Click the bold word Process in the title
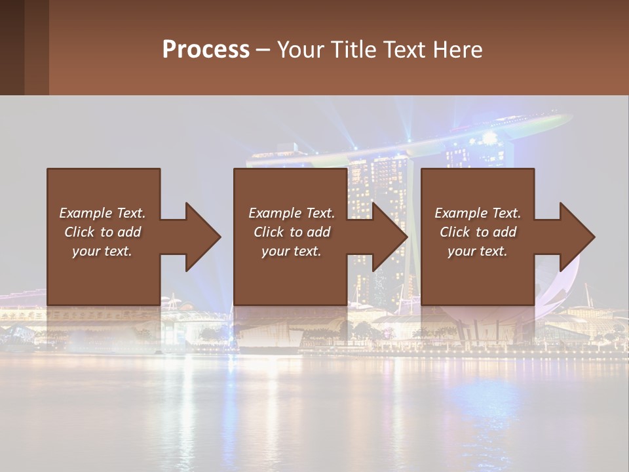point(206,50)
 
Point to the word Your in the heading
point(300,50)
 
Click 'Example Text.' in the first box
point(102,213)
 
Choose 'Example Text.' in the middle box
point(292,213)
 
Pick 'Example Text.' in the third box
point(478,213)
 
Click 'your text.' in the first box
point(102,251)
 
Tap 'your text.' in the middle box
point(292,251)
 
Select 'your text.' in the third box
point(478,251)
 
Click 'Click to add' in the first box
point(102,232)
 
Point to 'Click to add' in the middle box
point(292,232)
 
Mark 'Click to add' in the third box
point(478,232)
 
